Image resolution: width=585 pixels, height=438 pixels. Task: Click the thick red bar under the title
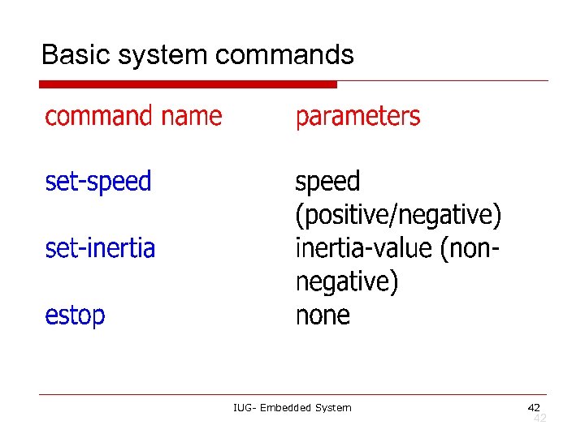pyautogui.click(x=188, y=84)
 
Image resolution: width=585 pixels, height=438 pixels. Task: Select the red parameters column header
pyautogui.click(x=357, y=117)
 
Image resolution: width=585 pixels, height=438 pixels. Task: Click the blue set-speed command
pyautogui.click(x=98, y=182)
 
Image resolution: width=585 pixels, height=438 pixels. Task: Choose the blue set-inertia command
pyautogui.click(x=100, y=247)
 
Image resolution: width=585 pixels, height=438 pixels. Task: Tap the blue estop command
pyautogui.click(x=75, y=315)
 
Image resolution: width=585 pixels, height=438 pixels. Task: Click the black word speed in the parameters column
pyautogui.click(x=327, y=182)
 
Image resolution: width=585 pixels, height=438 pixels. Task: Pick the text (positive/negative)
pyautogui.click(x=398, y=216)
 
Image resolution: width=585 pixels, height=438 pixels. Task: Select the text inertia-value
pyautogui.click(x=363, y=247)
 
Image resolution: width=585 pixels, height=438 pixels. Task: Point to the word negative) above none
pyautogui.click(x=347, y=281)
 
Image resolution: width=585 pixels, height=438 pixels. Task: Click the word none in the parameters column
pyautogui.click(x=323, y=315)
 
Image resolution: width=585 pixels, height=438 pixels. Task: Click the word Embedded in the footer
pyautogui.click(x=286, y=407)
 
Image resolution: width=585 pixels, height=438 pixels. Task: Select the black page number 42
pyautogui.click(x=534, y=407)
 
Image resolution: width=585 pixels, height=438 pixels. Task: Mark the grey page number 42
pyautogui.click(x=539, y=418)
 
